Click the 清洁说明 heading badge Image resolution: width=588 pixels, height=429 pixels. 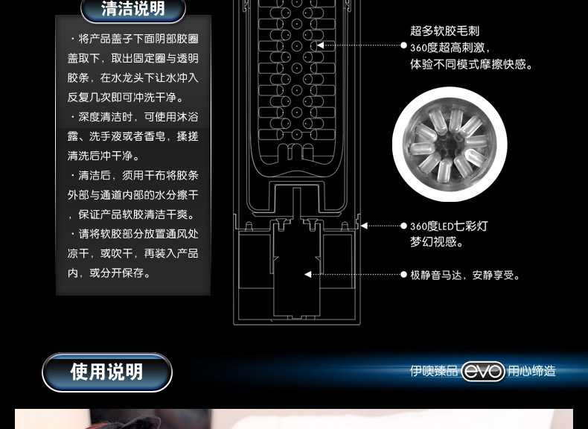(132, 10)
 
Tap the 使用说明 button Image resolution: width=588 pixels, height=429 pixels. (107, 372)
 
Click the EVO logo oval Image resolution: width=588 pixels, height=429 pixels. (483, 371)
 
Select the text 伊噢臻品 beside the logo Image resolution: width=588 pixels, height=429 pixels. (433, 371)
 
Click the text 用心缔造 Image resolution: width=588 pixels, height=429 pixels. (531, 371)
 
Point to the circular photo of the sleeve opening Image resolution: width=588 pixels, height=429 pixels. (449, 144)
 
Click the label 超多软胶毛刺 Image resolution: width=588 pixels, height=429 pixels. (444, 31)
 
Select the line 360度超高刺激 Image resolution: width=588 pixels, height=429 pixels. (450, 48)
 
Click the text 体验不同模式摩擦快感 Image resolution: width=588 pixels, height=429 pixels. (471, 65)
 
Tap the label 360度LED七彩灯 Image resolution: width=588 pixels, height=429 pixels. (449, 226)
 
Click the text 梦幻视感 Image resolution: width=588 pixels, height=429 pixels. (437, 243)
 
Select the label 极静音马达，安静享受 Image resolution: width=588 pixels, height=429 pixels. (465, 275)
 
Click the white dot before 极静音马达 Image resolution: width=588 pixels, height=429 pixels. (403, 275)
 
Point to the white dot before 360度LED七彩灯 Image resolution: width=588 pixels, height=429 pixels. (403, 226)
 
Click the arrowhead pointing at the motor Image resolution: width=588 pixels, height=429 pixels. (308, 275)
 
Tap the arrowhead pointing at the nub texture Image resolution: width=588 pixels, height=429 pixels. (321, 45)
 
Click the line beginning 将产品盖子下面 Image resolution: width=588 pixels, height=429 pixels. (134, 39)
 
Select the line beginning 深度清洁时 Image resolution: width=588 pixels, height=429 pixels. (134, 117)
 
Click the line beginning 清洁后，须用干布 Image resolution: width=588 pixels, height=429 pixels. (134, 176)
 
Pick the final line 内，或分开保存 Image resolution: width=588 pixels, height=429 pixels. (109, 273)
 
